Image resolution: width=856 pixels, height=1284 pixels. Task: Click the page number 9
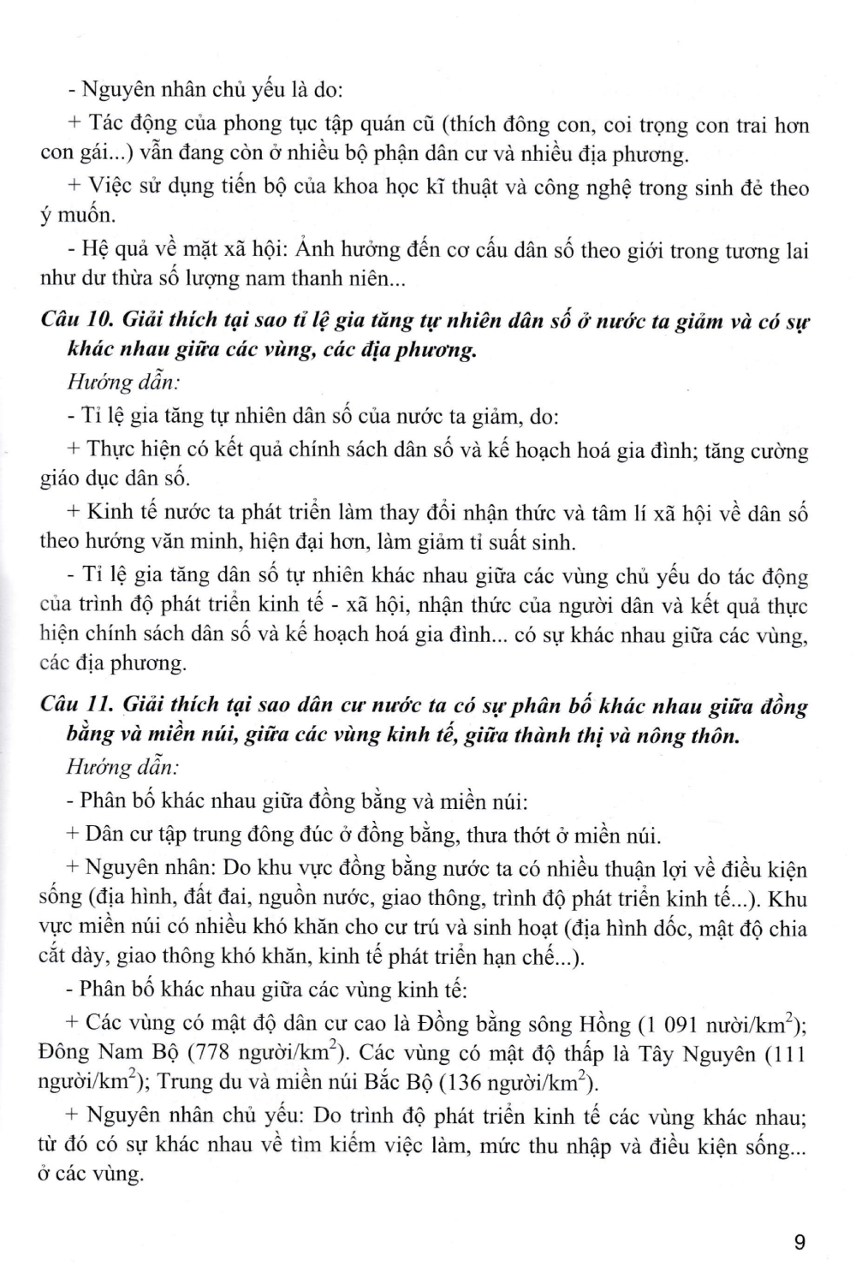(x=800, y=1242)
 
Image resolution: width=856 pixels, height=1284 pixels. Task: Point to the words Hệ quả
(x=112, y=250)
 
